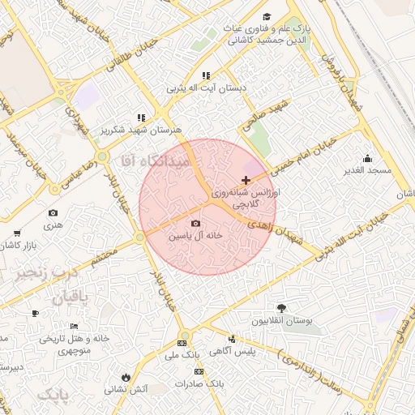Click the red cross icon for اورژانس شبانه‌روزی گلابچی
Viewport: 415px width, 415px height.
tap(246, 179)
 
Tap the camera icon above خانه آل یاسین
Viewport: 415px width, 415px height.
tap(195, 224)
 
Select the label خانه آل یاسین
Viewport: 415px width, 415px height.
tap(195, 236)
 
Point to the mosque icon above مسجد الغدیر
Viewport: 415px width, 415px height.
tap(367, 158)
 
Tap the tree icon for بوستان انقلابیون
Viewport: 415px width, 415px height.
tap(281, 308)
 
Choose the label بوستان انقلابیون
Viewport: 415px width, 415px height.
tap(281, 321)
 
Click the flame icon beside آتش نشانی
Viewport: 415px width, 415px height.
tap(126, 377)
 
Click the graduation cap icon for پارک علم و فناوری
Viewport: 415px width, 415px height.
tap(267, 17)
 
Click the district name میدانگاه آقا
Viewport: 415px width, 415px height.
tap(165, 161)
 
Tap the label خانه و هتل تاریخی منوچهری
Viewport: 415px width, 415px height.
tap(72, 344)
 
